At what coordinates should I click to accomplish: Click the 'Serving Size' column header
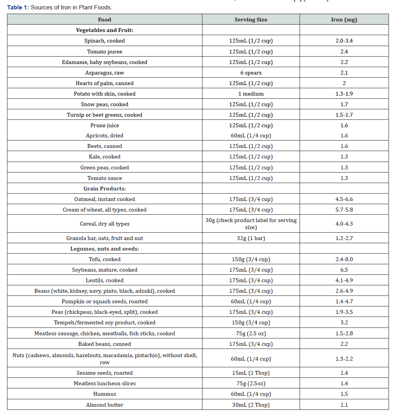click(x=250, y=20)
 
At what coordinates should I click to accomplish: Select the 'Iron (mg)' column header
click(x=344, y=20)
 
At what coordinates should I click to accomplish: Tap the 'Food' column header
click(x=105, y=20)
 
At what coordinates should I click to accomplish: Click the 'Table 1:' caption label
click(x=18, y=7)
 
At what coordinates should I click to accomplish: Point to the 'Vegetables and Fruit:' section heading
click(x=105, y=30)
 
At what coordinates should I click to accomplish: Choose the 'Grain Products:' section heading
click(x=105, y=189)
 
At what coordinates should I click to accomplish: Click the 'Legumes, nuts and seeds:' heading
click(x=105, y=249)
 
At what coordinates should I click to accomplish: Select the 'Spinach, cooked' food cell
click(x=105, y=41)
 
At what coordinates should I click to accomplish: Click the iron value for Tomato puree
click(x=344, y=52)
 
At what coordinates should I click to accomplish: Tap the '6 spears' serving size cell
click(x=250, y=73)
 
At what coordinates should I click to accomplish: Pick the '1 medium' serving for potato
click(x=250, y=94)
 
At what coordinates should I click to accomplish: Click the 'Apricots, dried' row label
click(x=105, y=135)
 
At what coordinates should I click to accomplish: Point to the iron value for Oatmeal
click(x=344, y=199)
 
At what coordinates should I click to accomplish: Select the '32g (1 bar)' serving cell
click(x=250, y=238)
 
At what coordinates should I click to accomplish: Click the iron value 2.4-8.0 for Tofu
click(x=344, y=259)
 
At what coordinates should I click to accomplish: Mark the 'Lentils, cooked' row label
click(x=105, y=280)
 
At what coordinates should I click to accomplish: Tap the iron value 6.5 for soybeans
click(x=344, y=270)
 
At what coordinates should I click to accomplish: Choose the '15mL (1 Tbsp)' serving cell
click(x=250, y=373)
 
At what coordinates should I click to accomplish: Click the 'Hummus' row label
click(x=105, y=394)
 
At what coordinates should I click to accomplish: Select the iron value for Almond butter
click(x=344, y=405)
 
